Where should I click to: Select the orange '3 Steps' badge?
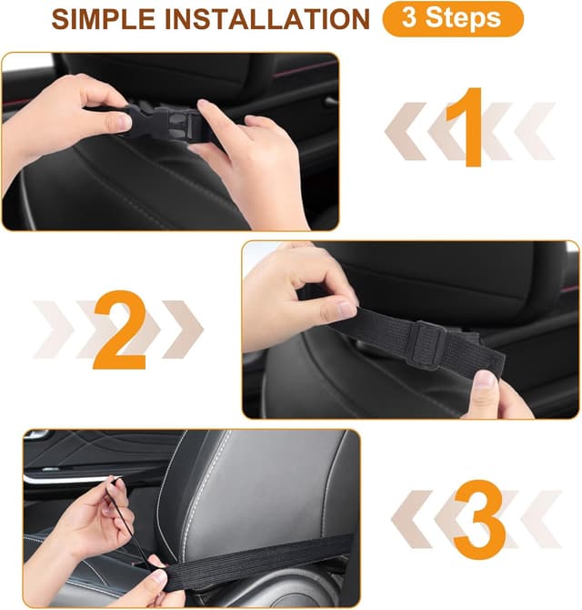pyautogui.click(x=453, y=19)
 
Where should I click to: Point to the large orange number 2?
pyautogui.click(x=120, y=329)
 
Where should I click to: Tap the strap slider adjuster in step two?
pyautogui.click(x=426, y=343)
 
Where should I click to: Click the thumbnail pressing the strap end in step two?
pyautogui.click(x=484, y=380)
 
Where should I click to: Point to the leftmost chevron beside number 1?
pyautogui.click(x=405, y=131)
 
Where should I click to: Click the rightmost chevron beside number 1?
pyautogui.click(x=535, y=131)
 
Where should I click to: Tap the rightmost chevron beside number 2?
pyautogui.click(x=183, y=329)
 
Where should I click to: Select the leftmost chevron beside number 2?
pyautogui.click(x=54, y=329)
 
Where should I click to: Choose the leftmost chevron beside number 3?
pyautogui.click(x=412, y=519)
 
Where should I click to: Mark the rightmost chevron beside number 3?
pyautogui.click(x=541, y=519)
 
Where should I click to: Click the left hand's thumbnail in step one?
pyautogui.click(x=124, y=123)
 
